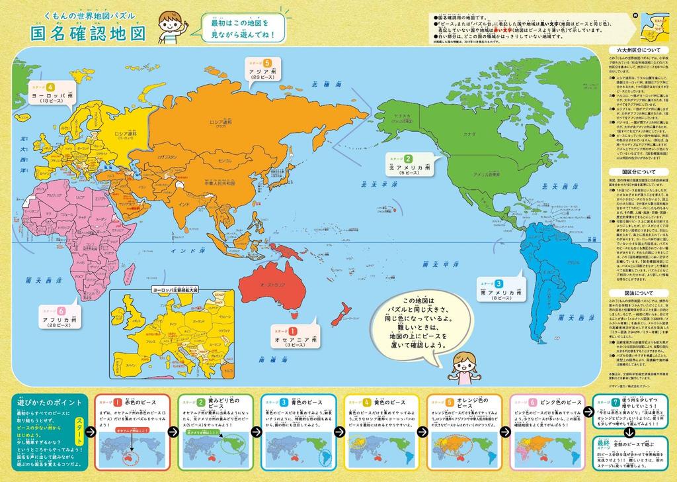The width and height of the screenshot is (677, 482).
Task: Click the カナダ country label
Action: (x=469, y=133)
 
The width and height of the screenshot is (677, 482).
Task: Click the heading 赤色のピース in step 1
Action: (x=137, y=403)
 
